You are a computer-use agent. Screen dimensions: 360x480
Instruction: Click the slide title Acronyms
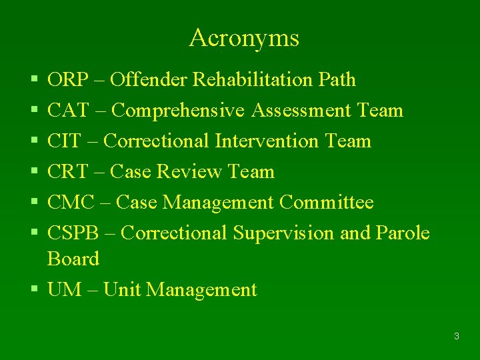(244, 38)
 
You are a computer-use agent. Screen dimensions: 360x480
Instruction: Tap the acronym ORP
(68, 80)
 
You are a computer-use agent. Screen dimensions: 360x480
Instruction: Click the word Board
(73, 259)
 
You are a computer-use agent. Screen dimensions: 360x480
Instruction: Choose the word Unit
(122, 290)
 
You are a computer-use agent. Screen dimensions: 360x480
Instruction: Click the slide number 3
(456, 336)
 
